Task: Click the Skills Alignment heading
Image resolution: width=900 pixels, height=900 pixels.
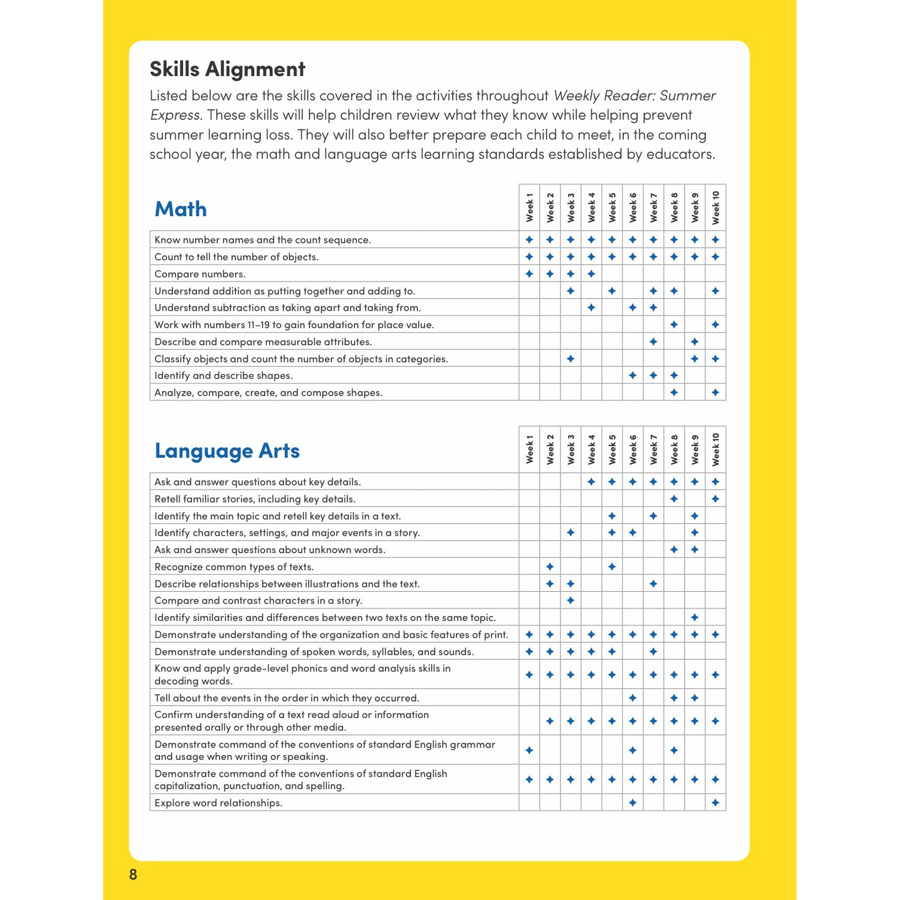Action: click(227, 69)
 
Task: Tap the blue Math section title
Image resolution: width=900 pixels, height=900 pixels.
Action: click(181, 209)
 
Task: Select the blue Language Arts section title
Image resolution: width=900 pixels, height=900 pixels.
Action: click(227, 451)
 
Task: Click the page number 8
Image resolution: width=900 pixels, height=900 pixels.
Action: click(133, 874)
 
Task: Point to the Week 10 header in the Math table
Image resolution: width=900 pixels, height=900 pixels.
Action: click(716, 208)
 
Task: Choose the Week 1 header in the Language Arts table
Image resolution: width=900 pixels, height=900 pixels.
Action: click(529, 450)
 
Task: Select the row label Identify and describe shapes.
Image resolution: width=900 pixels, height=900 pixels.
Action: click(224, 376)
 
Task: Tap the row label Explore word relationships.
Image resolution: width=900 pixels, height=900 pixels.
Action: click(219, 803)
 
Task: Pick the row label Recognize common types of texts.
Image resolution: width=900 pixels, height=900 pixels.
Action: click(234, 567)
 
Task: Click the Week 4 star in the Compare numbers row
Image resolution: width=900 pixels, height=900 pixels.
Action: click(591, 274)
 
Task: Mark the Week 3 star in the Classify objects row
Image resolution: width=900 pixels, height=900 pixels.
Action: click(571, 359)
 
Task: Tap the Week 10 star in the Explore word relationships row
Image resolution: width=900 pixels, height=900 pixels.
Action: click(716, 803)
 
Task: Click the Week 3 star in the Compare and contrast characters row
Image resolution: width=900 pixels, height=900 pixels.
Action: click(571, 600)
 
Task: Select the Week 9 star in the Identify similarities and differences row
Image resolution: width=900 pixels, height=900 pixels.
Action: click(694, 618)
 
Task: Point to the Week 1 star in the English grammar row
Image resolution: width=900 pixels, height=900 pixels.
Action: click(529, 751)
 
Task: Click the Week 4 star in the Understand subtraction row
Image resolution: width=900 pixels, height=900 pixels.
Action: click(591, 308)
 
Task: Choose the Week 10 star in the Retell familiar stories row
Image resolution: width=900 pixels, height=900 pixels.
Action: click(716, 499)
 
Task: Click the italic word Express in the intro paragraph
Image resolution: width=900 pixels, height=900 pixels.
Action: click(175, 115)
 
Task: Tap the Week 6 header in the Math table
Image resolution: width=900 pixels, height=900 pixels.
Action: click(633, 208)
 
